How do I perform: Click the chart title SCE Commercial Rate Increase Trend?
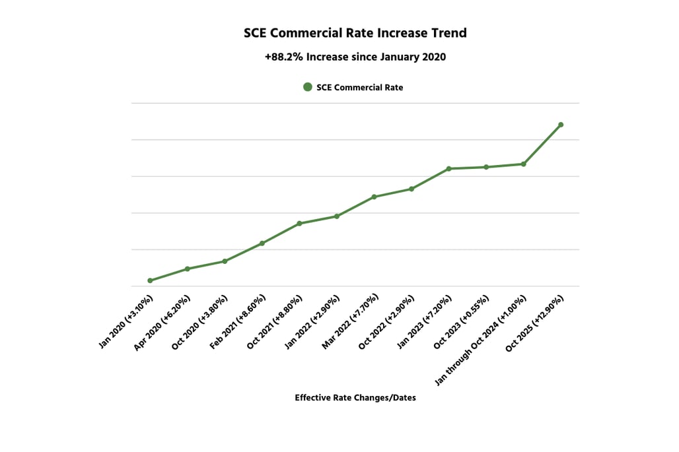click(355, 33)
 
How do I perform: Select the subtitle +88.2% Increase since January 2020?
click(355, 57)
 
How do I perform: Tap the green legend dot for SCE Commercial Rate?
click(307, 87)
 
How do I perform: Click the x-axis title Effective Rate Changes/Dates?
click(355, 398)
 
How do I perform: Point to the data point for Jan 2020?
click(150, 280)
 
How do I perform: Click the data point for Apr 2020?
click(188, 269)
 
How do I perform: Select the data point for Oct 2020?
click(225, 261)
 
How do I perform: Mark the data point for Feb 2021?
click(262, 243)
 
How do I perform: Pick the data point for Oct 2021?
click(299, 224)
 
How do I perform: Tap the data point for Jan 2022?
click(337, 216)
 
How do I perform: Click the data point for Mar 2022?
click(374, 197)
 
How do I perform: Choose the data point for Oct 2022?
click(411, 189)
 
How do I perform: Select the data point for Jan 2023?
click(448, 169)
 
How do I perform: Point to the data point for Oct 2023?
click(486, 167)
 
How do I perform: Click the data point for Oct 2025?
click(561, 125)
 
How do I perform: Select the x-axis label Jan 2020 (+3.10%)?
click(127, 323)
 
